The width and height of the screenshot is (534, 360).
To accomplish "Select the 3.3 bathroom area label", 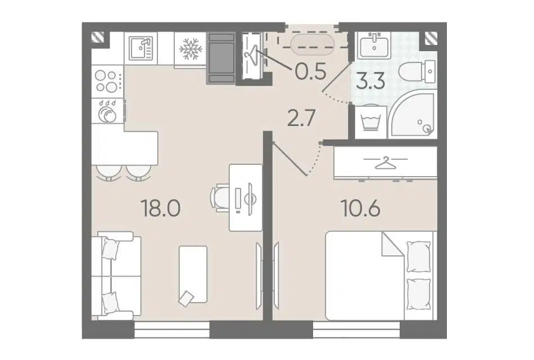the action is tap(370, 81).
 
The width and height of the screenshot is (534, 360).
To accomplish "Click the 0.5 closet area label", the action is tap(311, 71).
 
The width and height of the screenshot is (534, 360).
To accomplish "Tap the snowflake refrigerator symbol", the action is tap(191, 49).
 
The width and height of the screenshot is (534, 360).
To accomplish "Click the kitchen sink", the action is tap(141, 48).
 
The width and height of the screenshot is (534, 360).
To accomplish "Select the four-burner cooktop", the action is tap(107, 81).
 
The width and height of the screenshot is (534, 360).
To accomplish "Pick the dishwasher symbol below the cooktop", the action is tap(107, 111).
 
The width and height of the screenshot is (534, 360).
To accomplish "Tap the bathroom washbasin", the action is tap(374, 47).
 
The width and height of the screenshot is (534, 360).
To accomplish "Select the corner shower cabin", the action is tap(413, 115).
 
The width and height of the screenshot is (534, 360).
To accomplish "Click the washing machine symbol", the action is tap(371, 122).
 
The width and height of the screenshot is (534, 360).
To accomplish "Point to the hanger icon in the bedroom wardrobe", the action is tap(386, 163).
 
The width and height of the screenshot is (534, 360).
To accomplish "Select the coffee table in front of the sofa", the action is tap(193, 274).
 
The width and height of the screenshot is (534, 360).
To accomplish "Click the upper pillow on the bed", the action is tap(419, 256).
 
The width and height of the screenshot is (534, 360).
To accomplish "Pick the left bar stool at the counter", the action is tap(108, 173).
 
